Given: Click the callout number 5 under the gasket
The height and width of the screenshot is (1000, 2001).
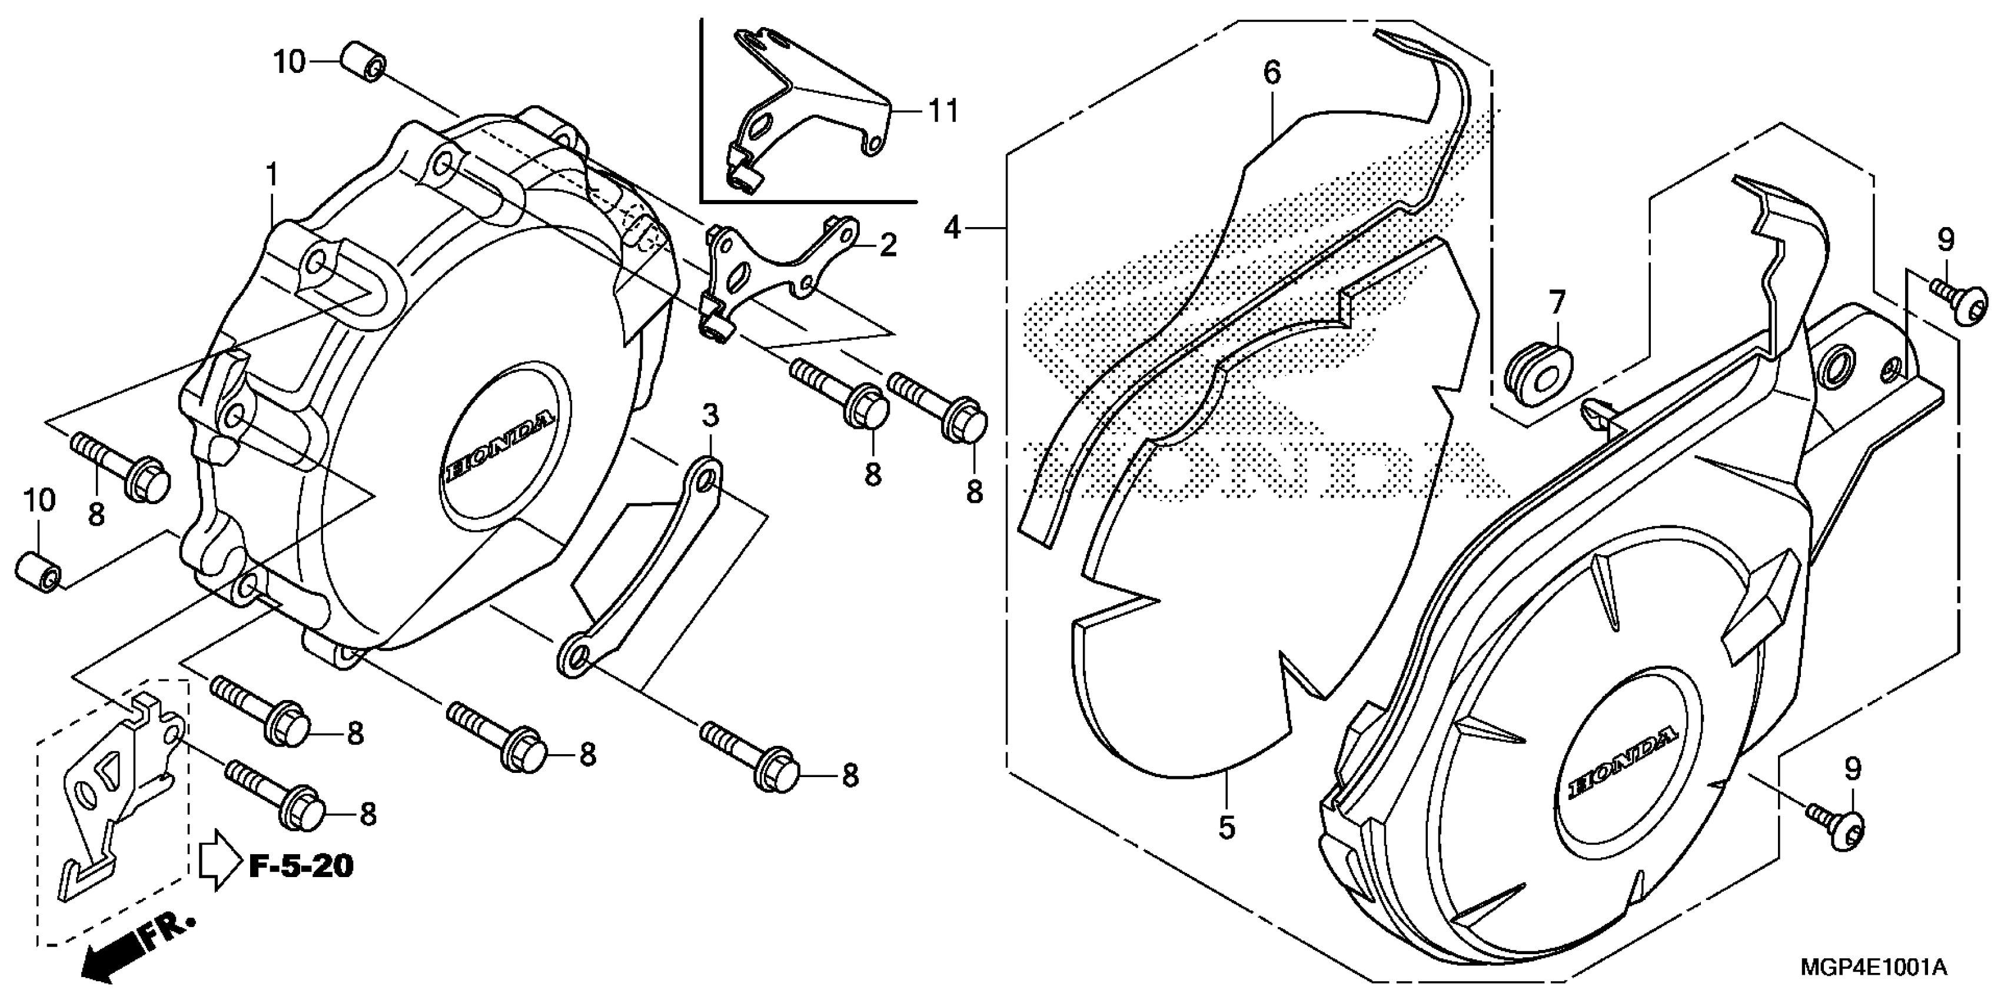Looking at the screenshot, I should click(x=1226, y=828).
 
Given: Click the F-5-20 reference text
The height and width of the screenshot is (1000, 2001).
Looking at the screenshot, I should click(x=301, y=864).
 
